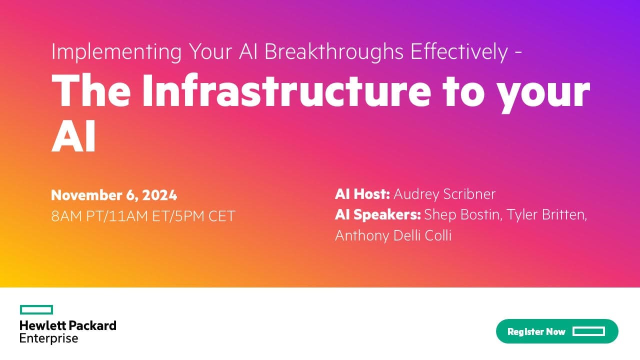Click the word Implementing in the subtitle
(x=116, y=52)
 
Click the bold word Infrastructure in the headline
(x=287, y=90)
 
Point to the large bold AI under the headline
(x=73, y=136)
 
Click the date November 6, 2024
(x=114, y=195)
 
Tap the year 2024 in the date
(x=159, y=195)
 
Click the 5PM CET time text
(x=205, y=216)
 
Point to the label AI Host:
(x=362, y=194)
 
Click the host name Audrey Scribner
(x=444, y=195)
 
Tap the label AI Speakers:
(x=378, y=215)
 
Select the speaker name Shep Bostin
(x=462, y=215)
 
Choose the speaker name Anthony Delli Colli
(x=393, y=235)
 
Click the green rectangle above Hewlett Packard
(x=36, y=309)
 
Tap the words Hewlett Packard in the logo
(x=68, y=325)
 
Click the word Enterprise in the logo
(x=49, y=338)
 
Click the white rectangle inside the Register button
(x=589, y=331)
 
